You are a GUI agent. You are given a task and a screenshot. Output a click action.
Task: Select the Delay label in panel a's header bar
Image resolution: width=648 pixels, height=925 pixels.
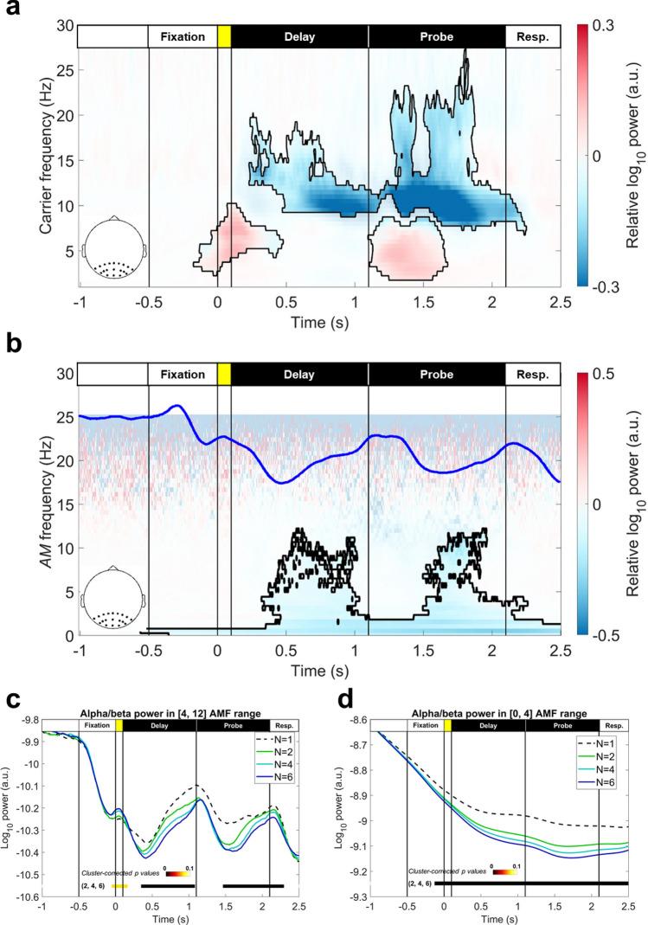point(299,37)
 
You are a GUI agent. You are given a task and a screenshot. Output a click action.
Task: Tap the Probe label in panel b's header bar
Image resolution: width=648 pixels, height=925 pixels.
point(436,375)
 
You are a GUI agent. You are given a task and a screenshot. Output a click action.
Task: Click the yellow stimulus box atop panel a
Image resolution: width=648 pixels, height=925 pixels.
point(224,37)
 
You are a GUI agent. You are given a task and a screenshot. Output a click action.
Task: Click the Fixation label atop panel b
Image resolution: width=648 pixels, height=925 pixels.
point(183,375)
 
